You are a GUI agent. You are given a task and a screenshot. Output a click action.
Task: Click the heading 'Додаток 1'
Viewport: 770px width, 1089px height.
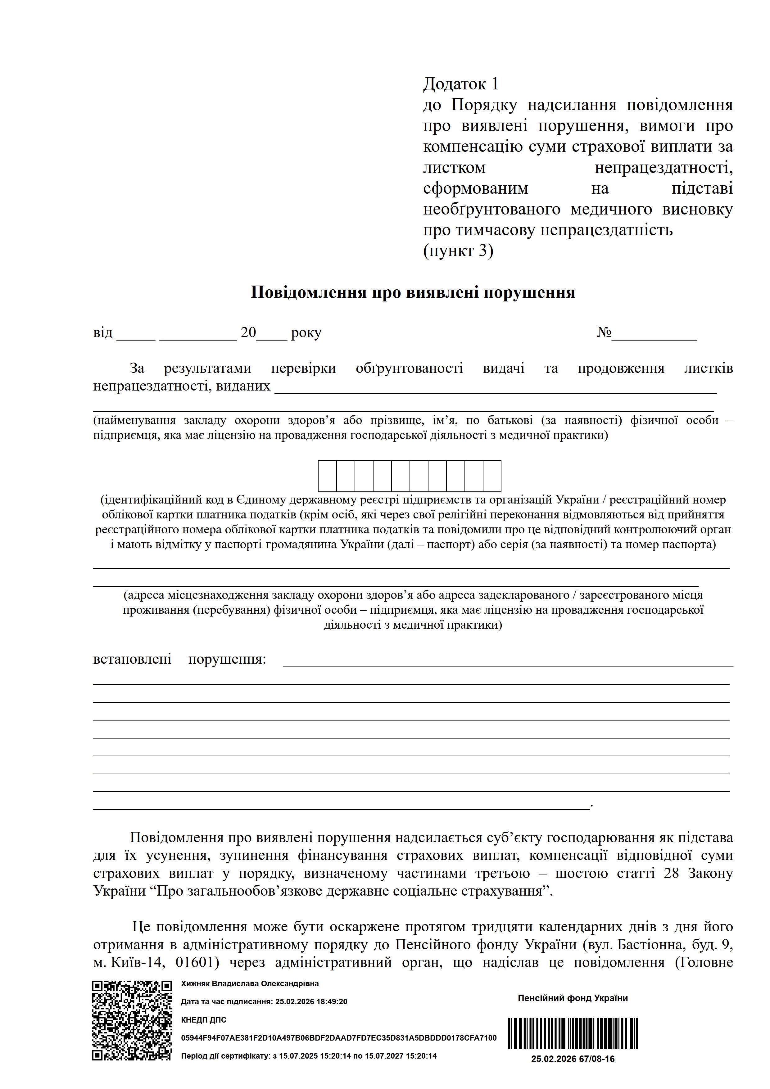coord(461,84)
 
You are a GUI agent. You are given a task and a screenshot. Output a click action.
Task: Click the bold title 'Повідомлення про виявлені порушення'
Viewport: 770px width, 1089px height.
coord(413,292)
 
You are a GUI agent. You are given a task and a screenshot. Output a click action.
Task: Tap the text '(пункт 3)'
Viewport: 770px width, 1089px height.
coord(458,251)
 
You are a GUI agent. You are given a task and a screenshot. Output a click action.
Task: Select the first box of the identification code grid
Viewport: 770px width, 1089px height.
coord(327,476)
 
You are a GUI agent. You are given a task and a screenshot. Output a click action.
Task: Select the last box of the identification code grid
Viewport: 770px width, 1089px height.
coord(492,476)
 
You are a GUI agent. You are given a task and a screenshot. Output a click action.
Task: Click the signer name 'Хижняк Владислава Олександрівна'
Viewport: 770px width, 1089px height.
coord(250,984)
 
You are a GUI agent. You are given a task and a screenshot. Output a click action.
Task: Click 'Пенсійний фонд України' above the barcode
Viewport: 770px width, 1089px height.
coord(573,998)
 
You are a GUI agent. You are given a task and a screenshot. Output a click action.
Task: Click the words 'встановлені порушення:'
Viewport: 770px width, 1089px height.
coord(179,659)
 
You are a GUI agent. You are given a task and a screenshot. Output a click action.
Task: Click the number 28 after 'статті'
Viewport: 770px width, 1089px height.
coord(671,873)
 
